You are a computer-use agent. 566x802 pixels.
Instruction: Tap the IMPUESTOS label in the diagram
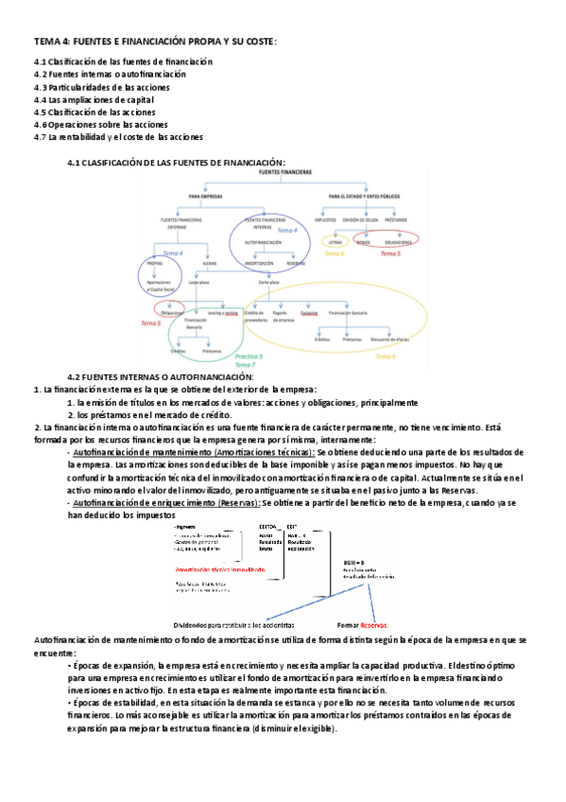(x=328, y=219)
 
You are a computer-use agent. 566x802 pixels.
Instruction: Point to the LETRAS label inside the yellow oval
(x=334, y=242)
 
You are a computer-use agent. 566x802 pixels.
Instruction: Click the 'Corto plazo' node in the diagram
(x=267, y=282)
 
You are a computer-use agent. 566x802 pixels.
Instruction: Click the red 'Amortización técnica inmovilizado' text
(x=218, y=570)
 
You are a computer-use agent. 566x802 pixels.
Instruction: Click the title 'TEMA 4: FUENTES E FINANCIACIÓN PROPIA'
(x=156, y=42)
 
